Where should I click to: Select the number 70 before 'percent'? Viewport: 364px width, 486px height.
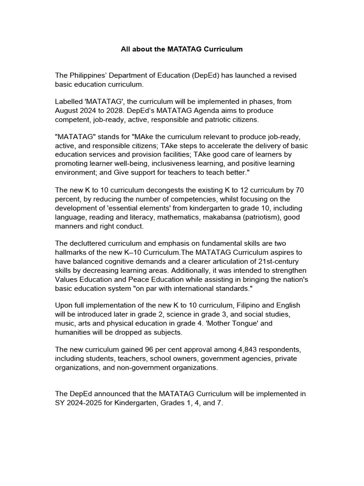coord(299,190)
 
